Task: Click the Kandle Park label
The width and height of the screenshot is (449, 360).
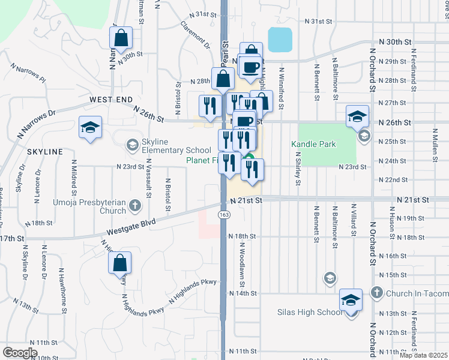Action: [x=314, y=144]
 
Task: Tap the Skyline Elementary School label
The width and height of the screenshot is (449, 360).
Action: [x=176, y=145]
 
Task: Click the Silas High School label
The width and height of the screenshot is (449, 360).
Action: [x=310, y=312]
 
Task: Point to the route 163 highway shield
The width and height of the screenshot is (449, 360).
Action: [x=223, y=214]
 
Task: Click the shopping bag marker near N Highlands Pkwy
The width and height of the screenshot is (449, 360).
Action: [x=119, y=262]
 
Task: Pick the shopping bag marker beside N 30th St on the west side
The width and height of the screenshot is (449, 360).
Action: [x=121, y=37]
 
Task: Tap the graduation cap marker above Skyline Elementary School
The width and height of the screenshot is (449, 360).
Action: [x=90, y=127]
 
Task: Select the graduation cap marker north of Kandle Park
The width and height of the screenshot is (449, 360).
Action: [x=357, y=116]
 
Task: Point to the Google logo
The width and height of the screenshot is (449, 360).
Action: [x=20, y=352]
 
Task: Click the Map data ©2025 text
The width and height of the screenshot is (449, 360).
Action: [x=423, y=355]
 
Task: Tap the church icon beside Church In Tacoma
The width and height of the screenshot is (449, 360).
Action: [x=376, y=293]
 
